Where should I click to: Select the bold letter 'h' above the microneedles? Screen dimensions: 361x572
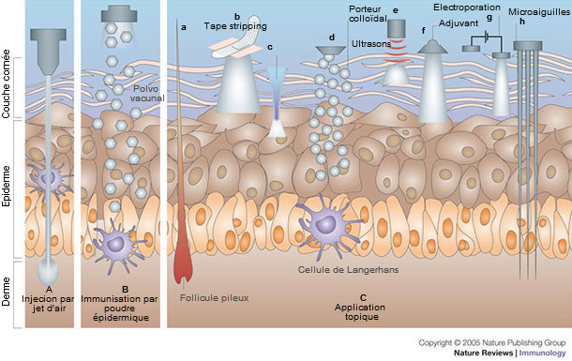coord(521,23)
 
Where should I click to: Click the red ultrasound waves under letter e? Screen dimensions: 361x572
coord(398,42)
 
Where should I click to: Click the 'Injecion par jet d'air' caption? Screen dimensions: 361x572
coord(50,300)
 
